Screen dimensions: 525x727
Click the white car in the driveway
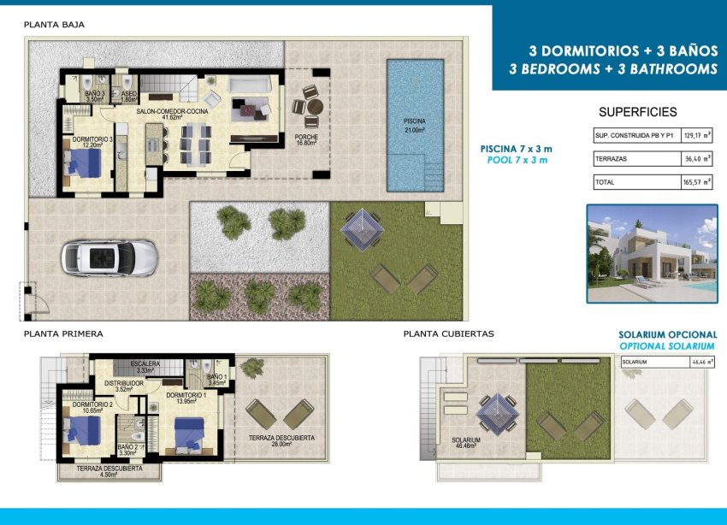click(x=109, y=257)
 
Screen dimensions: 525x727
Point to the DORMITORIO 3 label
click(x=92, y=142)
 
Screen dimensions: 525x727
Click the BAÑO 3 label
click(x=94, y=96)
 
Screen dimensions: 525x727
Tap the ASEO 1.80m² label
click(x=129, y=96)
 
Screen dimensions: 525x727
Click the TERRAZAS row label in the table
click(x=609, y=159)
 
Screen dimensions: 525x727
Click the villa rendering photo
click(x=652, y=253)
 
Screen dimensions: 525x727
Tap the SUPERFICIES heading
click(x=637, y=112)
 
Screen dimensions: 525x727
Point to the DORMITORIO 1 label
click(x=186, y=398)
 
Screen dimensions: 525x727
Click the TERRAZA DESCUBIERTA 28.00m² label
click(x=282, y=441)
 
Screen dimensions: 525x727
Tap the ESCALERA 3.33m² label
click(x=145, y=367)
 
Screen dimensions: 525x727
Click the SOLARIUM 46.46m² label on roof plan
click(x=466, y=443)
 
